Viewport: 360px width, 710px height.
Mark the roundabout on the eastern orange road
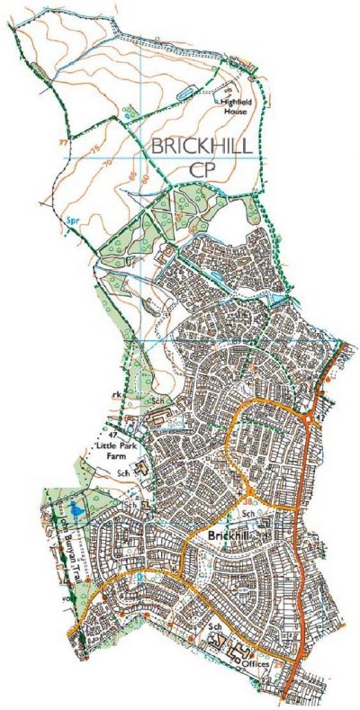coord(311,419)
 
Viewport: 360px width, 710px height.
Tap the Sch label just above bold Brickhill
coord(247,513)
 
